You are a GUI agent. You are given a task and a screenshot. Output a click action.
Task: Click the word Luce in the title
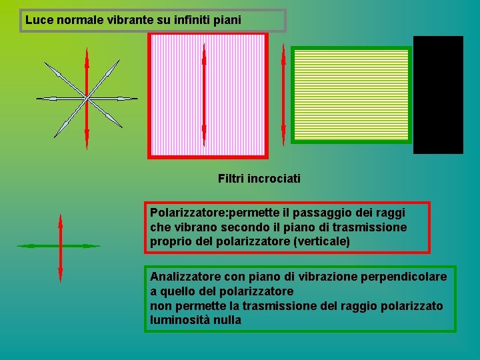click(x=38, y=20)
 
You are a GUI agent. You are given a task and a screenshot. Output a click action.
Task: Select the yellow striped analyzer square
click(x=351, y=95)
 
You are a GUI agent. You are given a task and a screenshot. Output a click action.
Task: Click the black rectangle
click(x=438, y=95)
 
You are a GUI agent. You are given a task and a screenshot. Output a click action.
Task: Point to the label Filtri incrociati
click(x=259, y=179)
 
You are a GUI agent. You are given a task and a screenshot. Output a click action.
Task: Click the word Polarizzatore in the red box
click(x=187, y=213)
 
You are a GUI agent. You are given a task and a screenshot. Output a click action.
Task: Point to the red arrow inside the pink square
click(x=204, y=93)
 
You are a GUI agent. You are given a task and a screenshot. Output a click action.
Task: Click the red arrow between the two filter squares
click(x=283, y=93)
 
